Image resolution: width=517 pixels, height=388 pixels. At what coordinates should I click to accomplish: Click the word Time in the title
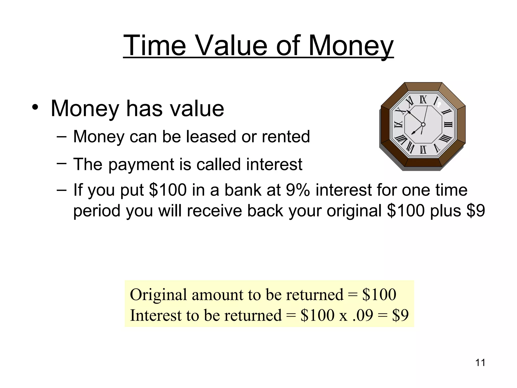154,46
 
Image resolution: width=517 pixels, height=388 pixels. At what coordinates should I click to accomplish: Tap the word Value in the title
231,46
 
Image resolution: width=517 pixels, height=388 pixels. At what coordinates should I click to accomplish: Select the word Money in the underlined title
351,46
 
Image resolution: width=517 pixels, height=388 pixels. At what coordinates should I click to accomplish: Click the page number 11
480,363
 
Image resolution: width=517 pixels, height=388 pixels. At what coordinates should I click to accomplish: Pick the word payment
141,165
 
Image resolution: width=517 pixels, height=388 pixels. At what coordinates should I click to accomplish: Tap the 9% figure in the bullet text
298,190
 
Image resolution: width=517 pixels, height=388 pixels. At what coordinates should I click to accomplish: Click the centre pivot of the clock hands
423,125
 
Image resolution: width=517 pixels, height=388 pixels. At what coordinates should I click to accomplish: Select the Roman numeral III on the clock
448,125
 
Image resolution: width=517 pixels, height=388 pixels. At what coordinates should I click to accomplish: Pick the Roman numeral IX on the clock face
398,125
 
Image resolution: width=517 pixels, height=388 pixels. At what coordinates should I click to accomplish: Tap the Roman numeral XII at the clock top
423,100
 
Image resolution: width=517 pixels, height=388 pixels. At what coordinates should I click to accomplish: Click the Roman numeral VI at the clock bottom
423,150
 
